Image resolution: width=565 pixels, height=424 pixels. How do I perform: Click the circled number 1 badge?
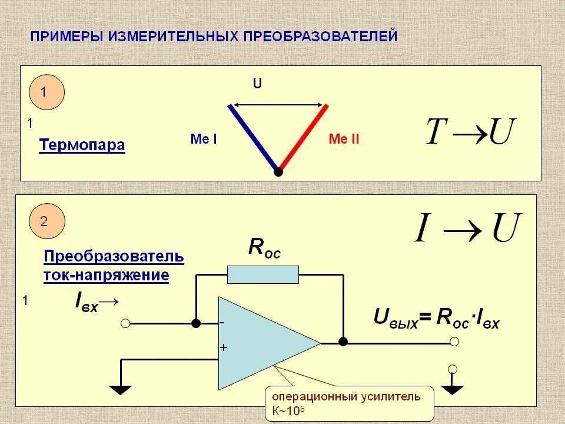pyautogui.click(x=46, y=92)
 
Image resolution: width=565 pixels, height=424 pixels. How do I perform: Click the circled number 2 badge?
pyautogui.click(x=46, y=221)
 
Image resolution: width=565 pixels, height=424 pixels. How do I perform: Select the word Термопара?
pyautogui.click(x=82, y=145)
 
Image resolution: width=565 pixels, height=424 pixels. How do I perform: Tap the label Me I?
pyautogui.click(x=204, y=140)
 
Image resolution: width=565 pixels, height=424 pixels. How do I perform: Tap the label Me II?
pyautogui.click(x=344, y=140)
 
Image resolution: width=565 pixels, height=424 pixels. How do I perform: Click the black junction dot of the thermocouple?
pyautogui.click(x=278, y=173)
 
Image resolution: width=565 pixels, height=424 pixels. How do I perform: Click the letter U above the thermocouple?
pyautogui.click(x=257, y=84)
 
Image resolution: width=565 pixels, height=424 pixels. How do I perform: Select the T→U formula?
pyautogui.click(x=470, y=132)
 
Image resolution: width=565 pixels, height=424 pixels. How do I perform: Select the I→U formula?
pyautogui.click(x=468, y=228)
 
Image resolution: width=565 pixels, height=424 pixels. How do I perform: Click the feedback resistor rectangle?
pyautogui.click(x=263, y=274)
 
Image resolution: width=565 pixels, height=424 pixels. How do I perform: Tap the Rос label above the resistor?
pyautogui.click(x=264, y=248)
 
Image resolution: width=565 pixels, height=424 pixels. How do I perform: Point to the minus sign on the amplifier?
pyautogui.click(x=222, y=323)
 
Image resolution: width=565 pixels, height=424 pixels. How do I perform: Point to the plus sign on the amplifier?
pyautogui.click(x=223, y=347)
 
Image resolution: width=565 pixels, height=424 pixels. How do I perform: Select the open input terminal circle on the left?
pyautogui.click(x=125, y=323)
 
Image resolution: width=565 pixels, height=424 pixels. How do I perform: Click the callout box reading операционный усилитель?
pyautogui.click(x=350, y=403)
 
